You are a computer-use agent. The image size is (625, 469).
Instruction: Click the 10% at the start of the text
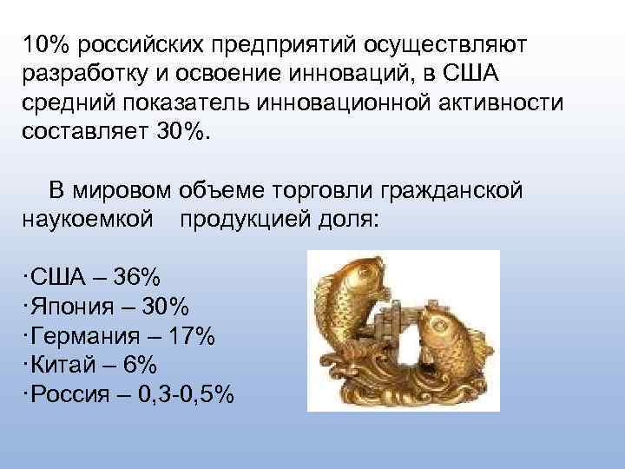(x=43, y=43)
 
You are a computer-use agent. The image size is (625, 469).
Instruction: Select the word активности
(x=497, y=103)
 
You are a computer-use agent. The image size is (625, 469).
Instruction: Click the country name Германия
(x=84, y=336)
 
